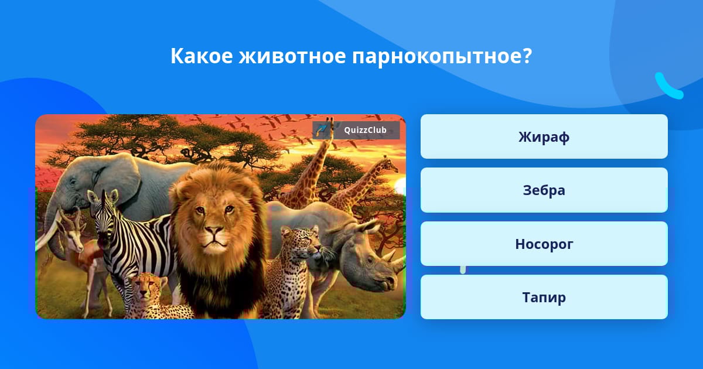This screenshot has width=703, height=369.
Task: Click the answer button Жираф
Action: (544, 136)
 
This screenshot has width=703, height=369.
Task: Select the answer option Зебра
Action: (544, 190)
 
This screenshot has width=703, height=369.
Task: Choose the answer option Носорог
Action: (544, 244)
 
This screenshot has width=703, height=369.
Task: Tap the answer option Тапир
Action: (544, 297)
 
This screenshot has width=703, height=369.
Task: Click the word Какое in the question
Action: (202, 56)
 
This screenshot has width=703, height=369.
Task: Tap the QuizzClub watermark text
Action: (365, 130)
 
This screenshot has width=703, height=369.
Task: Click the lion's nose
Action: (214, 231)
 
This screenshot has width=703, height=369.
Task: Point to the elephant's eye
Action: (73, 182)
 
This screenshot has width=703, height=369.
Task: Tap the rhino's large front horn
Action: (398, 263)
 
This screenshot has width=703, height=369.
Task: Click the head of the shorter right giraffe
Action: (388, 164)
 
